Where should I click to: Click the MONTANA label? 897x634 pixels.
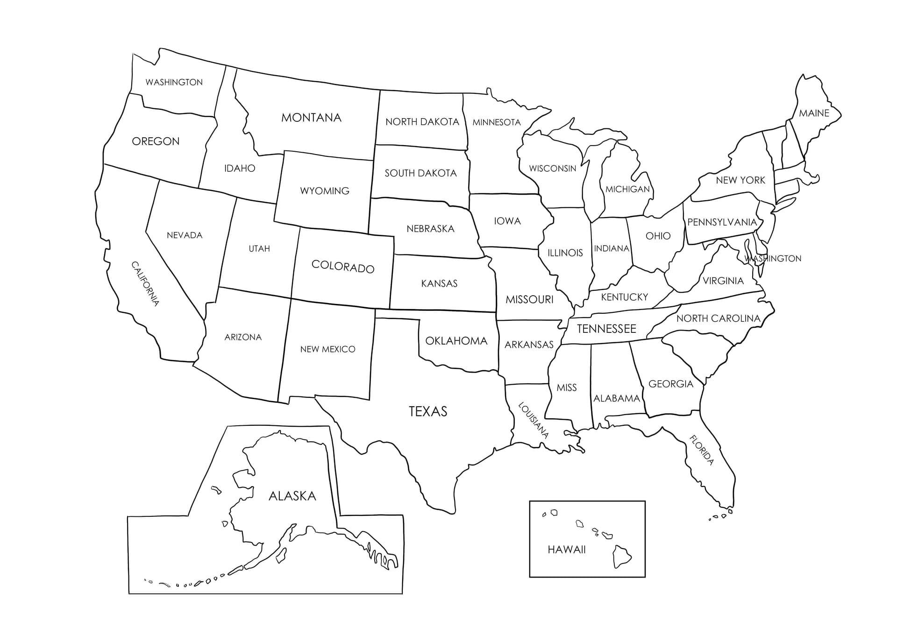[x=311, y=118]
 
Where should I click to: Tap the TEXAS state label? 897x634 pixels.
[x=428, y=411]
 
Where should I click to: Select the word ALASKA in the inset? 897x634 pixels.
[x=292, y=496]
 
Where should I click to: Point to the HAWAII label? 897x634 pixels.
[x=566, y=549]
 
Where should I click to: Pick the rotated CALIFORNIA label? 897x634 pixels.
[x=145, y=283]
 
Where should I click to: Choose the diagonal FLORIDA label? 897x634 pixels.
[x=702, y=450]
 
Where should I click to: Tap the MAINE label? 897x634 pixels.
[x=814, y=113]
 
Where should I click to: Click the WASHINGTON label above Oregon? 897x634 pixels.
[x=174, y=82]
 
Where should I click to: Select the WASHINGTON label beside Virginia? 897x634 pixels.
[x=773, y=259]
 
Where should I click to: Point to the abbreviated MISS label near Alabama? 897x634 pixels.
[x=566, y=387]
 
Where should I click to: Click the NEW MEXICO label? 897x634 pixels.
[x=327, y=349]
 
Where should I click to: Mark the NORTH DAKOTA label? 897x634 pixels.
[x=422, y=122]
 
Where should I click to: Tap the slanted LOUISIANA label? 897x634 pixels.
[x=533, y=420]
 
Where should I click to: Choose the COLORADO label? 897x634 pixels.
[x=343, y=267]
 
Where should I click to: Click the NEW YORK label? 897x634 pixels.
[x=740, y=180]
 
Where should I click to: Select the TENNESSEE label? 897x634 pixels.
[x=606, y=329]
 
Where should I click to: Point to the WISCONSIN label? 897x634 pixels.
[x=552, y=169]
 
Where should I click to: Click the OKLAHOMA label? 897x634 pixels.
[x=456, y=341]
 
